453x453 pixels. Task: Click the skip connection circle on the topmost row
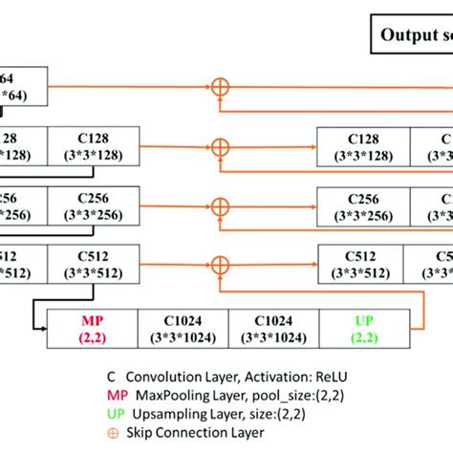[221, 87]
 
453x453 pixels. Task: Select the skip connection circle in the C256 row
[221, 205]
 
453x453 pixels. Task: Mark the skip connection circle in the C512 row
[221, 265]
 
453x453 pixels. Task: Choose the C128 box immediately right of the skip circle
[363, 146]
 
